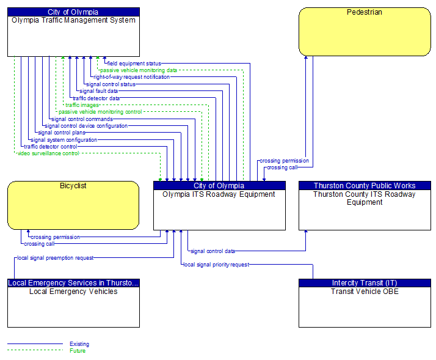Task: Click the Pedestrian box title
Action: tap(365, 12)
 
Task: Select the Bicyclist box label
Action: tap(73, 186)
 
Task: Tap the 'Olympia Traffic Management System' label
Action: tap(73, 20)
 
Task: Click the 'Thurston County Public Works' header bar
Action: tap(365, 185)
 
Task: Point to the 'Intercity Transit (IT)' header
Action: tap(365, 283)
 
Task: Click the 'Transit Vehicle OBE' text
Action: tap(365, 292)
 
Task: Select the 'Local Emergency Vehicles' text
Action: tap(73, 292)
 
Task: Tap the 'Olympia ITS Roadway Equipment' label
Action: tap(219, 194)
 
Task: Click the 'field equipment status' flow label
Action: tap(134, 64)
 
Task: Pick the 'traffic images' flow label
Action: tap(82, 105)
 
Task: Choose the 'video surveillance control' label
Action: tap(48, 153)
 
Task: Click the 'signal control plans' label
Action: tap(62, 133)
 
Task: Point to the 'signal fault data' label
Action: tap(99, 91)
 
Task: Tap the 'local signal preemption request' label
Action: tap(56, 258)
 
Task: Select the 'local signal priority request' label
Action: tap(216, 265)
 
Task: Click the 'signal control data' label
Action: tap(213, 251)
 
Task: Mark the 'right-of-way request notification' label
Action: tap(131, 77)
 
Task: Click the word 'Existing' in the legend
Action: tap(79, 344)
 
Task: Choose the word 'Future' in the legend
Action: tap(78, 351)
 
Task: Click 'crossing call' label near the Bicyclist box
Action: tap(39, 244)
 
